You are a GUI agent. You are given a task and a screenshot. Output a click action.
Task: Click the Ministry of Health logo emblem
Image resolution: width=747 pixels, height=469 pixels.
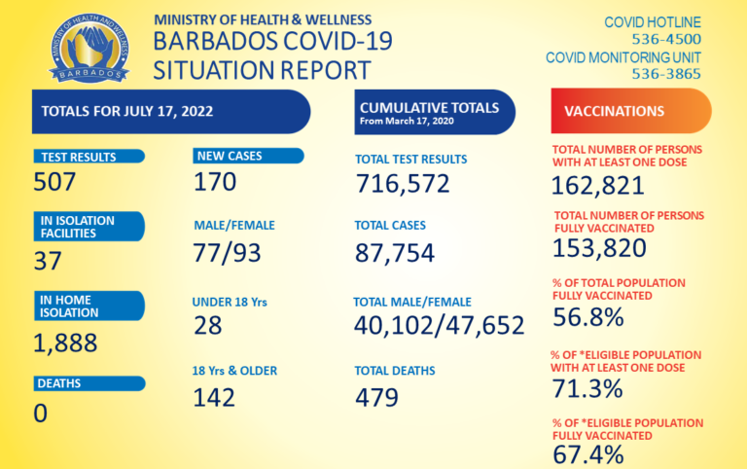click(89, 48)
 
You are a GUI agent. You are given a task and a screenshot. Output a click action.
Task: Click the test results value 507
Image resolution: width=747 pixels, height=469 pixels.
click(55, 182)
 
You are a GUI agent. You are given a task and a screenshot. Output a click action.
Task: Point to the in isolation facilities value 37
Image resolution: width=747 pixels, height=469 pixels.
click(48, 261)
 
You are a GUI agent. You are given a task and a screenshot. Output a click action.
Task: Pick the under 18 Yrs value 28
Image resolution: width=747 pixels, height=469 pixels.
click(208, 325)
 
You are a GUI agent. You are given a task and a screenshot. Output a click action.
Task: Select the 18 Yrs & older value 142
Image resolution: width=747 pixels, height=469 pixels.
click(215, 397)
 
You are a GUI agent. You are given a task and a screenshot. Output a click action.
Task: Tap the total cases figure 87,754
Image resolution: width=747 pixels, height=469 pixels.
click(394, 253)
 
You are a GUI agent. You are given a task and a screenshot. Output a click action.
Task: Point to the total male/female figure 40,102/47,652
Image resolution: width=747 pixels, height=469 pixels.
click(440, 325)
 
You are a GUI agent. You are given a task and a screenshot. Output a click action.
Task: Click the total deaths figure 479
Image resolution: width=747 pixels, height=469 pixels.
click(377, 397)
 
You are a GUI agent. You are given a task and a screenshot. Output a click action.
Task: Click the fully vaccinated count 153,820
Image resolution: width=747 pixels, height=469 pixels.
click(599, 248)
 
